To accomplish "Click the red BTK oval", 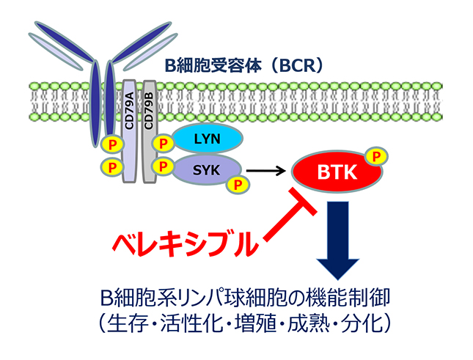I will click(333, 174).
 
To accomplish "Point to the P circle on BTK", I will click(376, 157).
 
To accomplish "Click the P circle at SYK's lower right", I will click(236, 185).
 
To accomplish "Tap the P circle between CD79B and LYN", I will click(165, 139).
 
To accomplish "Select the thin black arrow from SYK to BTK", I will click(266, 173).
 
